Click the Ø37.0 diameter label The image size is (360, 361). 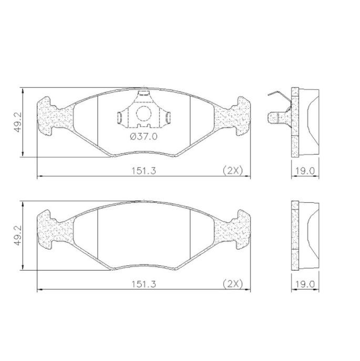click(x=143, y=137)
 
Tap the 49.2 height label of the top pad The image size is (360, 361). click(x=18, y=122)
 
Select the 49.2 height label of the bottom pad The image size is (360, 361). click(x=18, y=235)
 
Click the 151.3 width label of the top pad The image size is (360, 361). click(x=143, y=171)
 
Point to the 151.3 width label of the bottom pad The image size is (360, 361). click(x=143, y=284)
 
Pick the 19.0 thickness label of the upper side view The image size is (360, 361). click(x=305, y=171)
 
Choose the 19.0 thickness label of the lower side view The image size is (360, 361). click(x=305, y=284)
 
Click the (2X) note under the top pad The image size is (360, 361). click(x=233, y=171)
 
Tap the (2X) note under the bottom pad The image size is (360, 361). click(x=233, y=284)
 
